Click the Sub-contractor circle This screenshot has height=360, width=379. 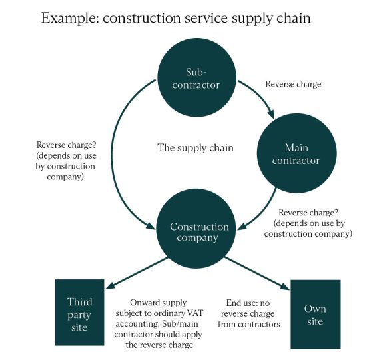(196, 77)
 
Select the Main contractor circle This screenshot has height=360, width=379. (297, 153)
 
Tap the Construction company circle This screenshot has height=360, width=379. (196, 229)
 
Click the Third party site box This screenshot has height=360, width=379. (79, 313)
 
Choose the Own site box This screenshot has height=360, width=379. (316, 314)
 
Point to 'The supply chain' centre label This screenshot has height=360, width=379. (195, 148)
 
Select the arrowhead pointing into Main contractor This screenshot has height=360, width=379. (272, 114)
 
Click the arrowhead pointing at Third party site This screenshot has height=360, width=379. (110, 285)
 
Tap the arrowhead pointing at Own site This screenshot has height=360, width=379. (285, 286)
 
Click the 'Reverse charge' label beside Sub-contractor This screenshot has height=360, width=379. (294, 84)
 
